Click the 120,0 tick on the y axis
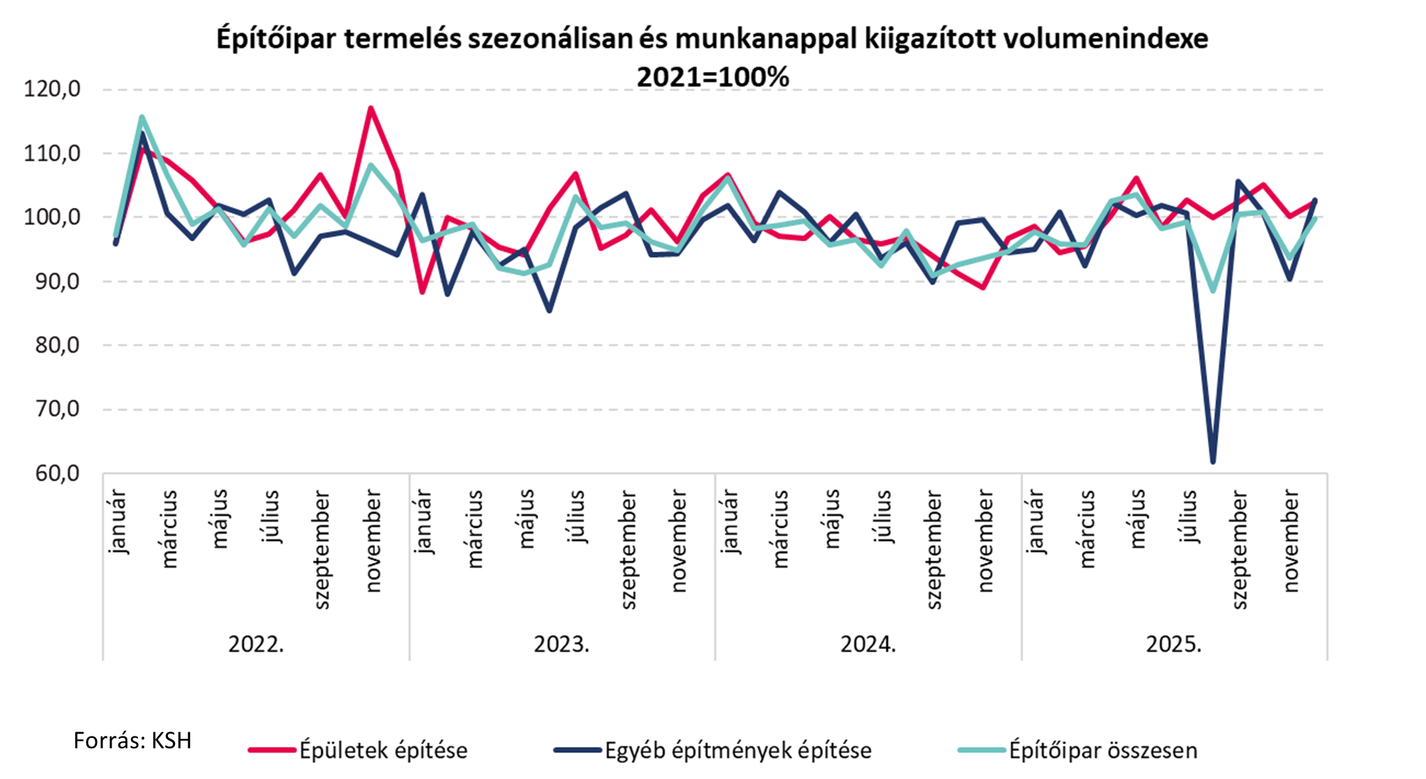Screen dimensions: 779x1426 52,89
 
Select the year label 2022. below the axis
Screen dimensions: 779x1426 256,644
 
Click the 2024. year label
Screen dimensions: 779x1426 868,644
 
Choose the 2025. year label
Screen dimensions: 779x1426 1174,644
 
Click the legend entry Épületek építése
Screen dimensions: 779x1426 383,750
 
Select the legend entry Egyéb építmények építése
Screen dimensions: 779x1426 737,750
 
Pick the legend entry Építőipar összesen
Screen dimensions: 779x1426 1103,750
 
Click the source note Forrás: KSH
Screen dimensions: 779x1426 132,740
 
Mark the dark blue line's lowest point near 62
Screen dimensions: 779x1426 1213,462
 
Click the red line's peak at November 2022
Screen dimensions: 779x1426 371,108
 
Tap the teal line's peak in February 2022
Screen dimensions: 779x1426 141,117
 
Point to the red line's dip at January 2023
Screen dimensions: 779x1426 422,292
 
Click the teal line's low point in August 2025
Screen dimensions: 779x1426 1213,291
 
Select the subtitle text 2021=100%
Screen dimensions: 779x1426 712,77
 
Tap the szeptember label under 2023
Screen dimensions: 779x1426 628,550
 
